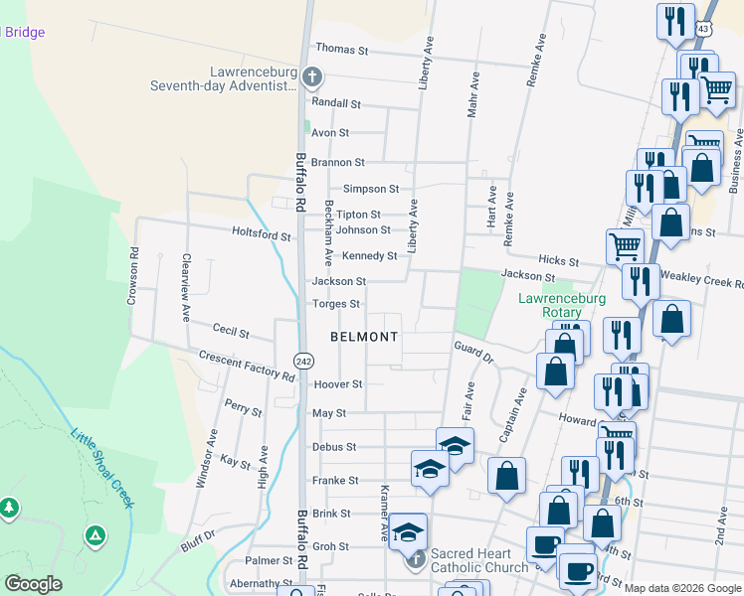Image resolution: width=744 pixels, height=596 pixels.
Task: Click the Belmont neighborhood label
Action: (x=364, y=337)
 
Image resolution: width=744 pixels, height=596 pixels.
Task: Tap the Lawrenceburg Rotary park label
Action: (x=561, y=305)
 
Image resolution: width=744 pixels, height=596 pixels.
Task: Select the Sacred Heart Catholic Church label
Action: (x=479, y=560)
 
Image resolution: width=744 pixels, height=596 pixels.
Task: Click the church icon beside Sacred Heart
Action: (x=416, y=560)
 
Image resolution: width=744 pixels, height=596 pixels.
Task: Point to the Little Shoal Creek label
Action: (x=101, y=467)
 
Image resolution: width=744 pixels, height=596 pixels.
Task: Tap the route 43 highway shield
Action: (x=703, y=30)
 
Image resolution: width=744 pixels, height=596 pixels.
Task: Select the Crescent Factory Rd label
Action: (x=247, y=367)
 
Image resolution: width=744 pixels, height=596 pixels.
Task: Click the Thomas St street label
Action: (x=341, y=49)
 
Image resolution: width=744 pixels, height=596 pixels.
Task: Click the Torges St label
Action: (x=335, y=304)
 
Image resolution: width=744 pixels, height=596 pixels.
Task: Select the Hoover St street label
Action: (x=337, y=383)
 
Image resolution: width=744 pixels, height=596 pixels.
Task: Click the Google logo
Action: (x=33, y=584)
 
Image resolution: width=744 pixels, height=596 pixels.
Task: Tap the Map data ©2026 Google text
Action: (x=682, y=588)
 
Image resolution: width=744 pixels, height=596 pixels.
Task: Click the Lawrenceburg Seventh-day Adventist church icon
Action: (x=312, y=76)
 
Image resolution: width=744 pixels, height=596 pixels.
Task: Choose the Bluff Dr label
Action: (x=198, y=545)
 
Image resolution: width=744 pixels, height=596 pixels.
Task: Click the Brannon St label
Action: (x=337, y=162)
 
